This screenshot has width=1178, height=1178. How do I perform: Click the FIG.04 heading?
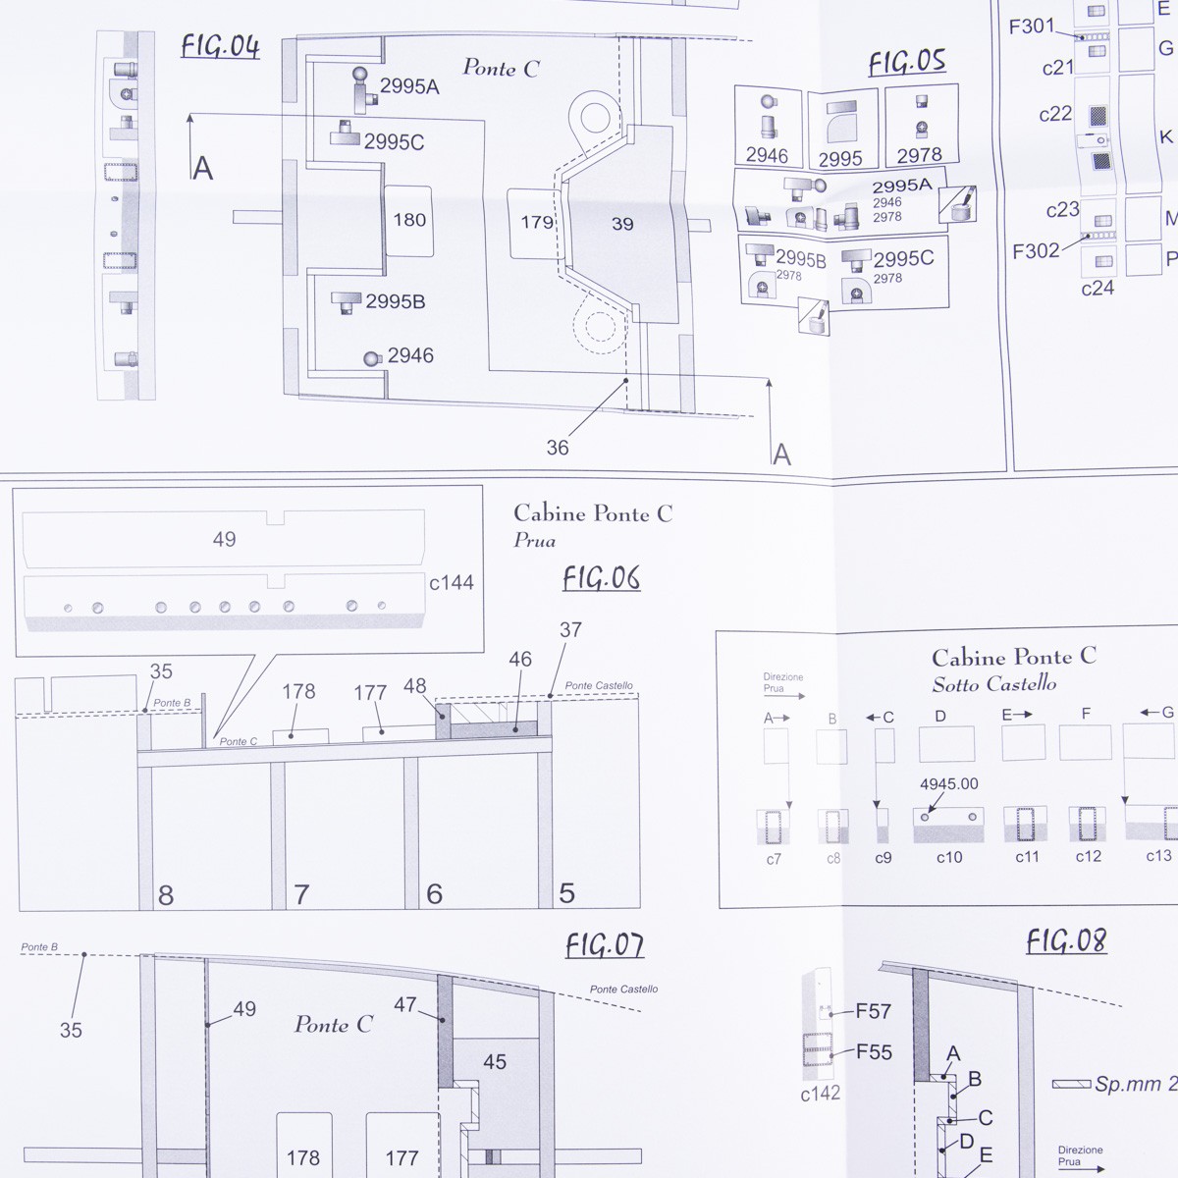coord(221,47)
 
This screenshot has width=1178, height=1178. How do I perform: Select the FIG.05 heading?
coord(907,63)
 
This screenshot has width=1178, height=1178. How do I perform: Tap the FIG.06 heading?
coord(602,578)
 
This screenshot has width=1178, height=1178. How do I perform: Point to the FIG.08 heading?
coord(1066,940)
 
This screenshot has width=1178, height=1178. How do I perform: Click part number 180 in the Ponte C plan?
coord(409,220)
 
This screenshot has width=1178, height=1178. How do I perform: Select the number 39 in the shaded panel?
coord(622,224)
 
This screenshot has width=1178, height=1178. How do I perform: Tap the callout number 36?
coord(558,448)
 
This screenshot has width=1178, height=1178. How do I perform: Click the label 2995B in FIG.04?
coord(395,301)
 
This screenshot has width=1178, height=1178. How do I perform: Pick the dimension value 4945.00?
coord(948,783)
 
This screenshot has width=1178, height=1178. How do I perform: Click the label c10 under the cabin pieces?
coord(949,858)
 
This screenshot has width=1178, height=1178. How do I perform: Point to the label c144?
coord(452,582)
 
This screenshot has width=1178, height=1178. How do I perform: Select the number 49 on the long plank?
coord(225,539)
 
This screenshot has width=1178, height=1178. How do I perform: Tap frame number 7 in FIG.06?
coord(301,895)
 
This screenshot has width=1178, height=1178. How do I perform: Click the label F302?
coord(1036,251)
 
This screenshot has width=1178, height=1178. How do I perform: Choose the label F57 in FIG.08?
coord(873,1012)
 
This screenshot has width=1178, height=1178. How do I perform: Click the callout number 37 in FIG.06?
coord(570,629)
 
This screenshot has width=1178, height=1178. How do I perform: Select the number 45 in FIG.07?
coord(495,1062)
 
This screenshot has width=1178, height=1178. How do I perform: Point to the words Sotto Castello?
coord(994,684)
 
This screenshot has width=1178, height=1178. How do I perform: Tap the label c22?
coord(1055,114)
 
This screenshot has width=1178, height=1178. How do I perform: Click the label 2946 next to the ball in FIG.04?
coord(410,355)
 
